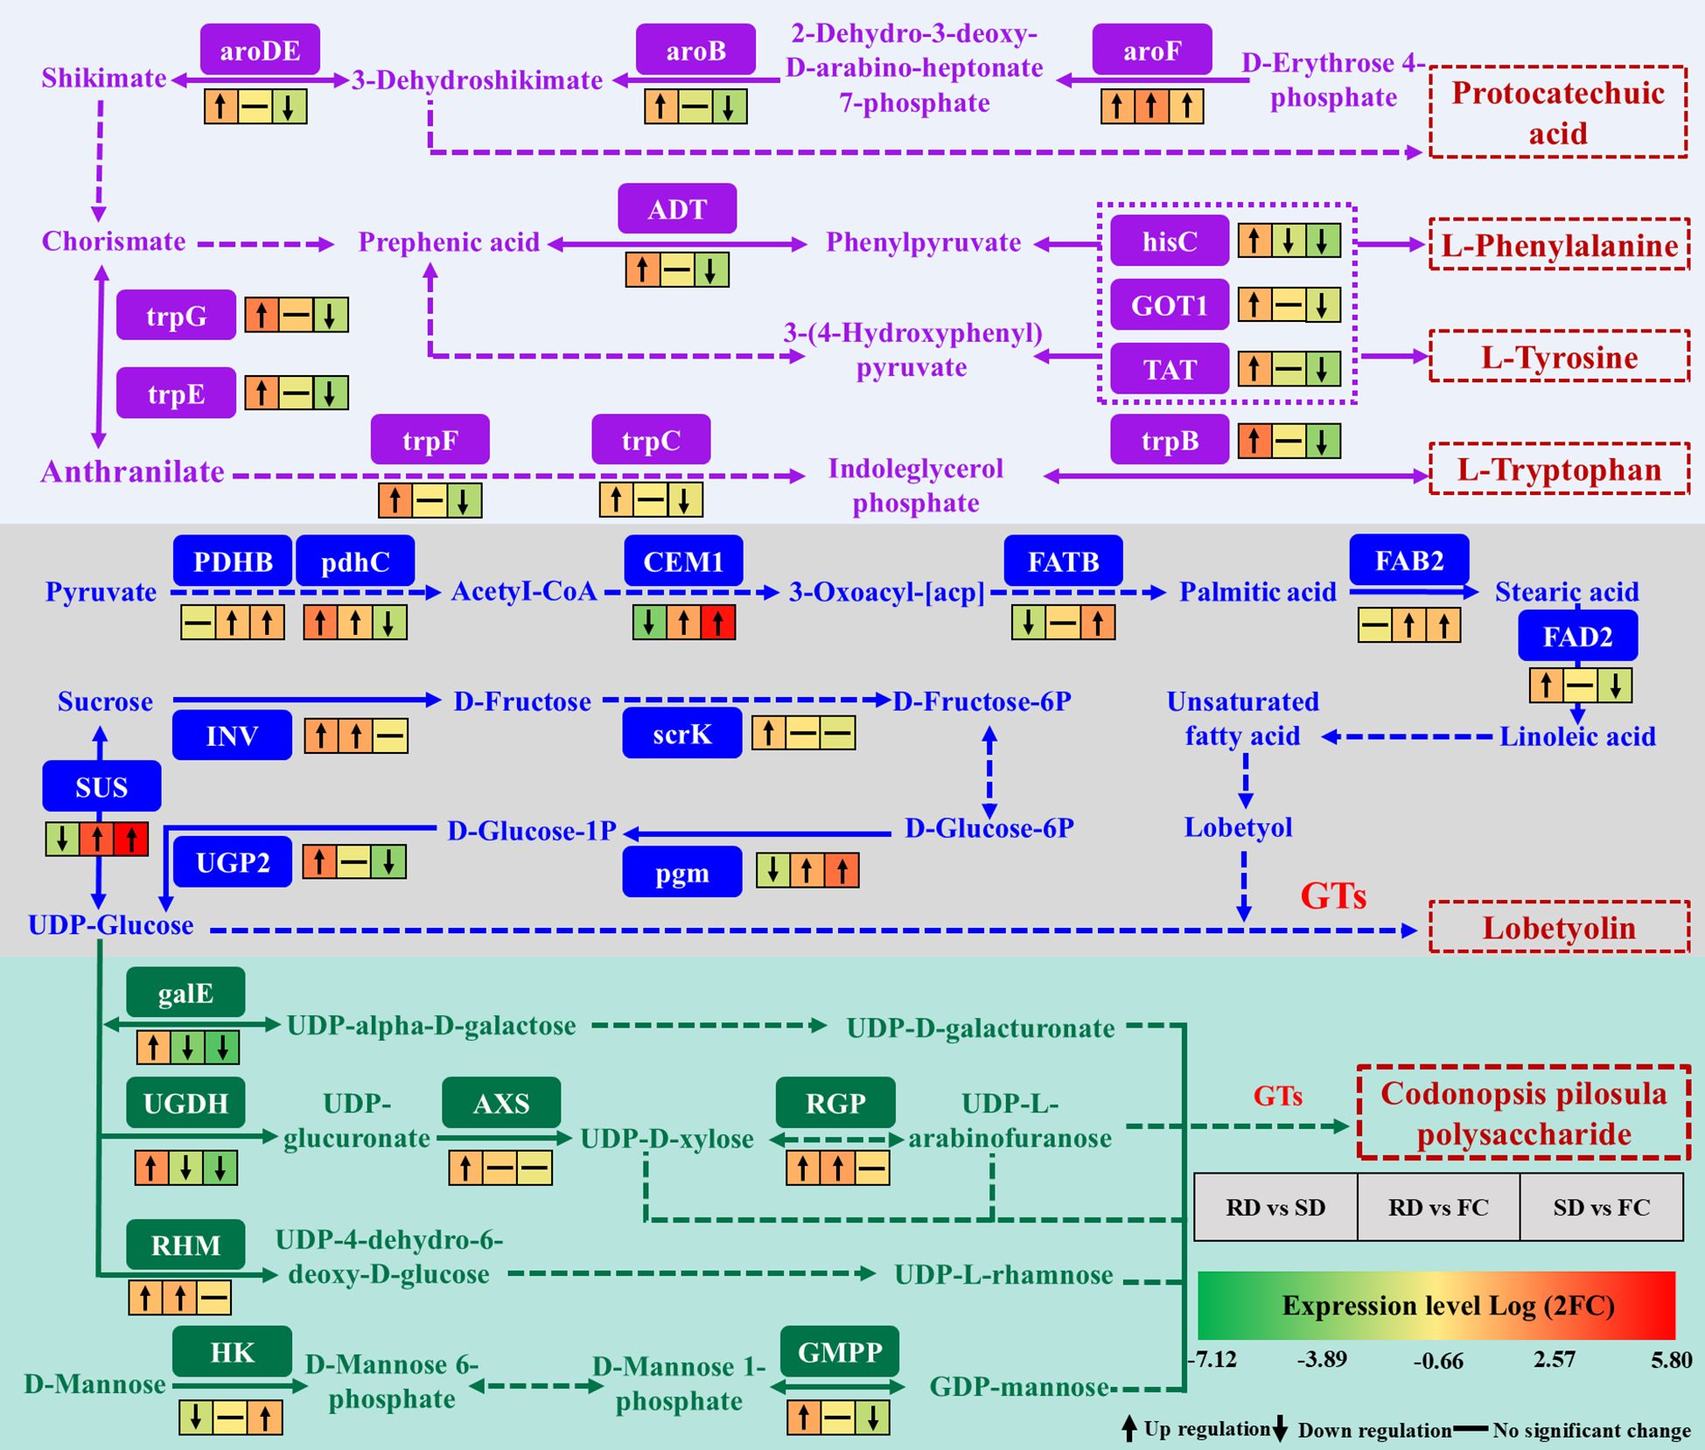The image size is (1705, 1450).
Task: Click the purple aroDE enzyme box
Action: click(x=260, y=50)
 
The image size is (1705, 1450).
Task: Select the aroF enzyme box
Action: click(x=1151, y=50)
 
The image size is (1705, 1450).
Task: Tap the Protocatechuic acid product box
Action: click(x=1558, y=112)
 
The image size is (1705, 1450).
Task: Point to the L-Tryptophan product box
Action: click(x=1559, y=470)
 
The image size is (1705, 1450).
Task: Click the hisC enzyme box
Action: click(x=1170, y=241)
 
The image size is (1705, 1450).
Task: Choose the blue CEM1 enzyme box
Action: click(x=683, y=561)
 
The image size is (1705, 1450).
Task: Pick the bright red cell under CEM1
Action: click(x=718, y=623)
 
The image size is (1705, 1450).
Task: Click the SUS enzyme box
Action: click(x=101, y=786)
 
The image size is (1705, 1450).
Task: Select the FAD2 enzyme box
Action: click(x=1577, y=636)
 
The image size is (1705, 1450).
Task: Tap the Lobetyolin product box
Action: click(x=1559, y=927)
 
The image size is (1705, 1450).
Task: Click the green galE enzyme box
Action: click(x=185, y=993)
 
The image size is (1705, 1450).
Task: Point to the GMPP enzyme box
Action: click(x=840, y=1351)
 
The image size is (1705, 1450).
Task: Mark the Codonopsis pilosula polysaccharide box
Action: click(x=1523, y=1113)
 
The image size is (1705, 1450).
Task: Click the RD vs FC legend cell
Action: click(x=1438, y=1208)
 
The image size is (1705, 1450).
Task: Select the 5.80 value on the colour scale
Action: click(x=1671, y=1360)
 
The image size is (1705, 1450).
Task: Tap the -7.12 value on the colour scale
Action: click(x=1212, y=1360)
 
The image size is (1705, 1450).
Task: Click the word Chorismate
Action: click(x=114, y=241)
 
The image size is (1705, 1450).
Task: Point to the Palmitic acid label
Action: click(x=1257, y=592)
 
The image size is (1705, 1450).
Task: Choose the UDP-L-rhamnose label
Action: click(x=1003, y=1274)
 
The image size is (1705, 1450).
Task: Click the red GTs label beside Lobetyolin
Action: click(x=1332, y=895)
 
